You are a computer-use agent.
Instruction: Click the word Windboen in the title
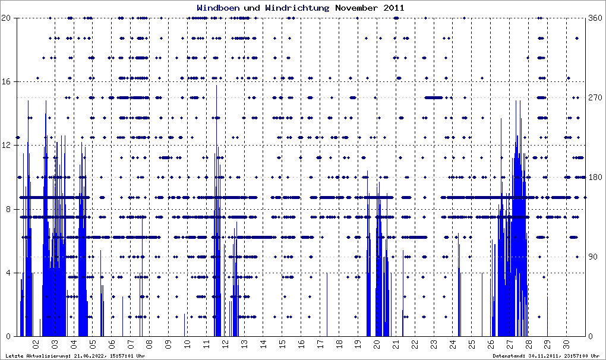coord(218,8)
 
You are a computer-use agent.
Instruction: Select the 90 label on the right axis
coord(592,257)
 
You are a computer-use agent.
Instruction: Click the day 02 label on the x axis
coord(36,343)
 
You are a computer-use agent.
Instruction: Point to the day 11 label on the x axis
coord(206,343)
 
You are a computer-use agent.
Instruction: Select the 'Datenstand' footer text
coord(546,356)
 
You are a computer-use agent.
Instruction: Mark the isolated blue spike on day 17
coord(327,303)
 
